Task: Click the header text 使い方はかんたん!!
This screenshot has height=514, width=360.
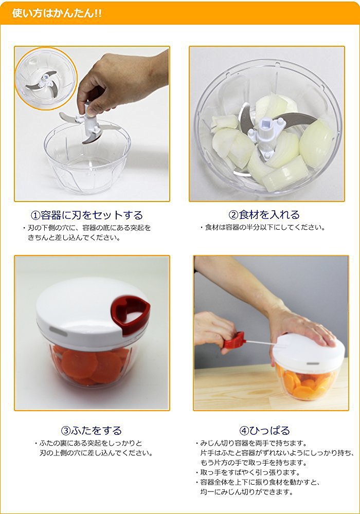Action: point(57,13)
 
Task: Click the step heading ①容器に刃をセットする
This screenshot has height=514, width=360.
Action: point(87,215)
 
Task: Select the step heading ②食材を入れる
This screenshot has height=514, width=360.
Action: point(264,215)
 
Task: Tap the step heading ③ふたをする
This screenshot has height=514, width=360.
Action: point(91,430)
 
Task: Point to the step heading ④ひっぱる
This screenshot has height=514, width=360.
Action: point(264,430)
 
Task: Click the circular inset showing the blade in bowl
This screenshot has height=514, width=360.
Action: point(46,78)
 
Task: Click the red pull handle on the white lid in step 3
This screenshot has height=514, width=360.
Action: point(131,314)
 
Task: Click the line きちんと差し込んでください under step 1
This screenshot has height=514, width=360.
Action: point(74,237)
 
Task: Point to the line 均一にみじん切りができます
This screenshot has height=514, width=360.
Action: point(246,492)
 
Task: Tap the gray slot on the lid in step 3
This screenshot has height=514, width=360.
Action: point(58,331)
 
